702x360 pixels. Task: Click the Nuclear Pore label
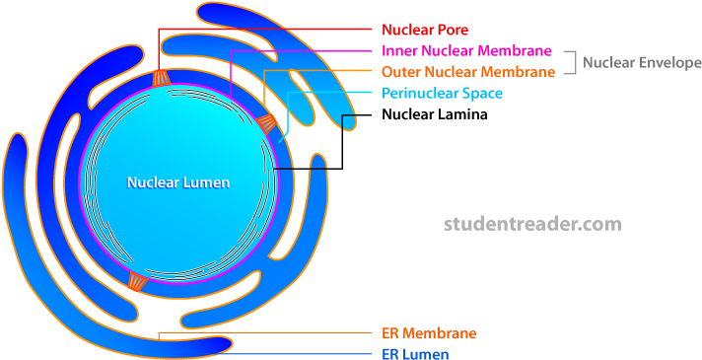425,30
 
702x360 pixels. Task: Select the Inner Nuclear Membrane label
465,50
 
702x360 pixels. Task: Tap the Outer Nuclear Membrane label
467,72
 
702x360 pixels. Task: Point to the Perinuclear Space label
442,94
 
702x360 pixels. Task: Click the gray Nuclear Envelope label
642,62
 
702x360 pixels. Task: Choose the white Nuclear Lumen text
178,182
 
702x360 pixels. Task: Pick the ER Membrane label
429,333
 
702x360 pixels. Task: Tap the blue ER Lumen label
415,354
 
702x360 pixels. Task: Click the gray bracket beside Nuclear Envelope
570,61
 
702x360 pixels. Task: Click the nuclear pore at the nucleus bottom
137,282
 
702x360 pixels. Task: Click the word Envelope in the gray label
671,62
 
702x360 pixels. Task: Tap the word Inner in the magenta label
397,50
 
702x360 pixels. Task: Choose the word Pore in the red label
453,30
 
